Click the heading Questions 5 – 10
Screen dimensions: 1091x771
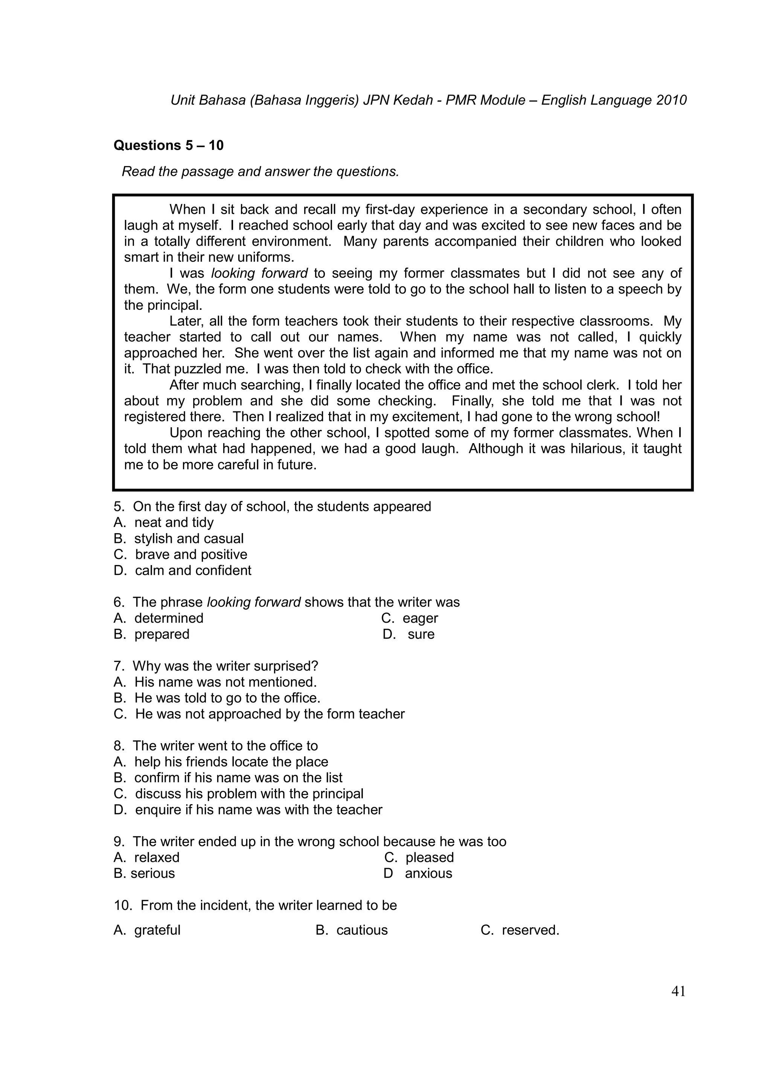(x=168, y=145)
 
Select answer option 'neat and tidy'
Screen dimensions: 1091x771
(x=174, y=523)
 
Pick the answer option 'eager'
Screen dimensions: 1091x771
(x=420, y=618)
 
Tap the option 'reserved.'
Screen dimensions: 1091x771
(x=530, y=930)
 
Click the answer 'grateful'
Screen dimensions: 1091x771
(x=157, y=930)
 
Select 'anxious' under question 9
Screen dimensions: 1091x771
(x=428, y=873)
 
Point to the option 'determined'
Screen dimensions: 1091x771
(x=169, y=618)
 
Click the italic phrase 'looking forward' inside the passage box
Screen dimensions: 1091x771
(x=259, y=274)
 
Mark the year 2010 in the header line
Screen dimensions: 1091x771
(x=671, y=101)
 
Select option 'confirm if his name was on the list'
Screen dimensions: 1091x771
(x=238, y=778)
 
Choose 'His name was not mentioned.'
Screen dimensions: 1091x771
(x=225, y=683)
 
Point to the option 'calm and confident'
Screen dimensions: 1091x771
(x=193, y=571)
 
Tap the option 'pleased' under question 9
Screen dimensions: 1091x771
(x=430, y=857)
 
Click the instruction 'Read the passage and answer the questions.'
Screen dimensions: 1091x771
(x=260, y=172)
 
